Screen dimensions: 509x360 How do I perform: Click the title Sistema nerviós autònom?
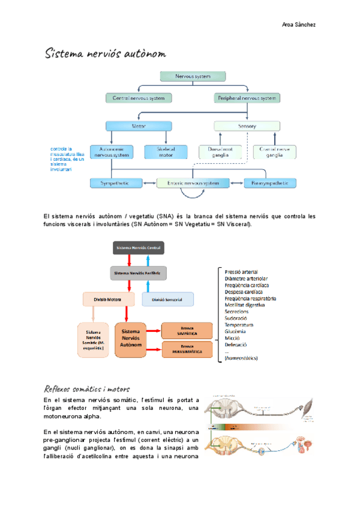coord(106,55)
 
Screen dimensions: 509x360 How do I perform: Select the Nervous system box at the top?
coord(193,76)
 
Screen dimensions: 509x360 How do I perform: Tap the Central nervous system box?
coord(139,97)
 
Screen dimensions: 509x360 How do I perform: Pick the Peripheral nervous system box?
coord(247,97)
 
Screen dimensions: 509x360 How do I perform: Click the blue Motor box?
coord(139,126)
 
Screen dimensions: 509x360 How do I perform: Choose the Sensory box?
coord(247,126)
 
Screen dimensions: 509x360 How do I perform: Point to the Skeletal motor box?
coord(165,152)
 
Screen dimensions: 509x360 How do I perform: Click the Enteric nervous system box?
coord(193,182)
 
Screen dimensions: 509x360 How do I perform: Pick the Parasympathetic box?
coord(270,182)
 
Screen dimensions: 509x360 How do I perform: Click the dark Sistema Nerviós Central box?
coord(139,247)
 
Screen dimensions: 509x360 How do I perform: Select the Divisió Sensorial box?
coord(167,298)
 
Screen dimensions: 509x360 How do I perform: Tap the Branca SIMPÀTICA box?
coord(187,330)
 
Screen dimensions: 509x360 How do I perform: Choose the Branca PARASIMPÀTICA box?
coord(187,349)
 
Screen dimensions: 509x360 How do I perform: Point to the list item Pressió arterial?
coord(242,273)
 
